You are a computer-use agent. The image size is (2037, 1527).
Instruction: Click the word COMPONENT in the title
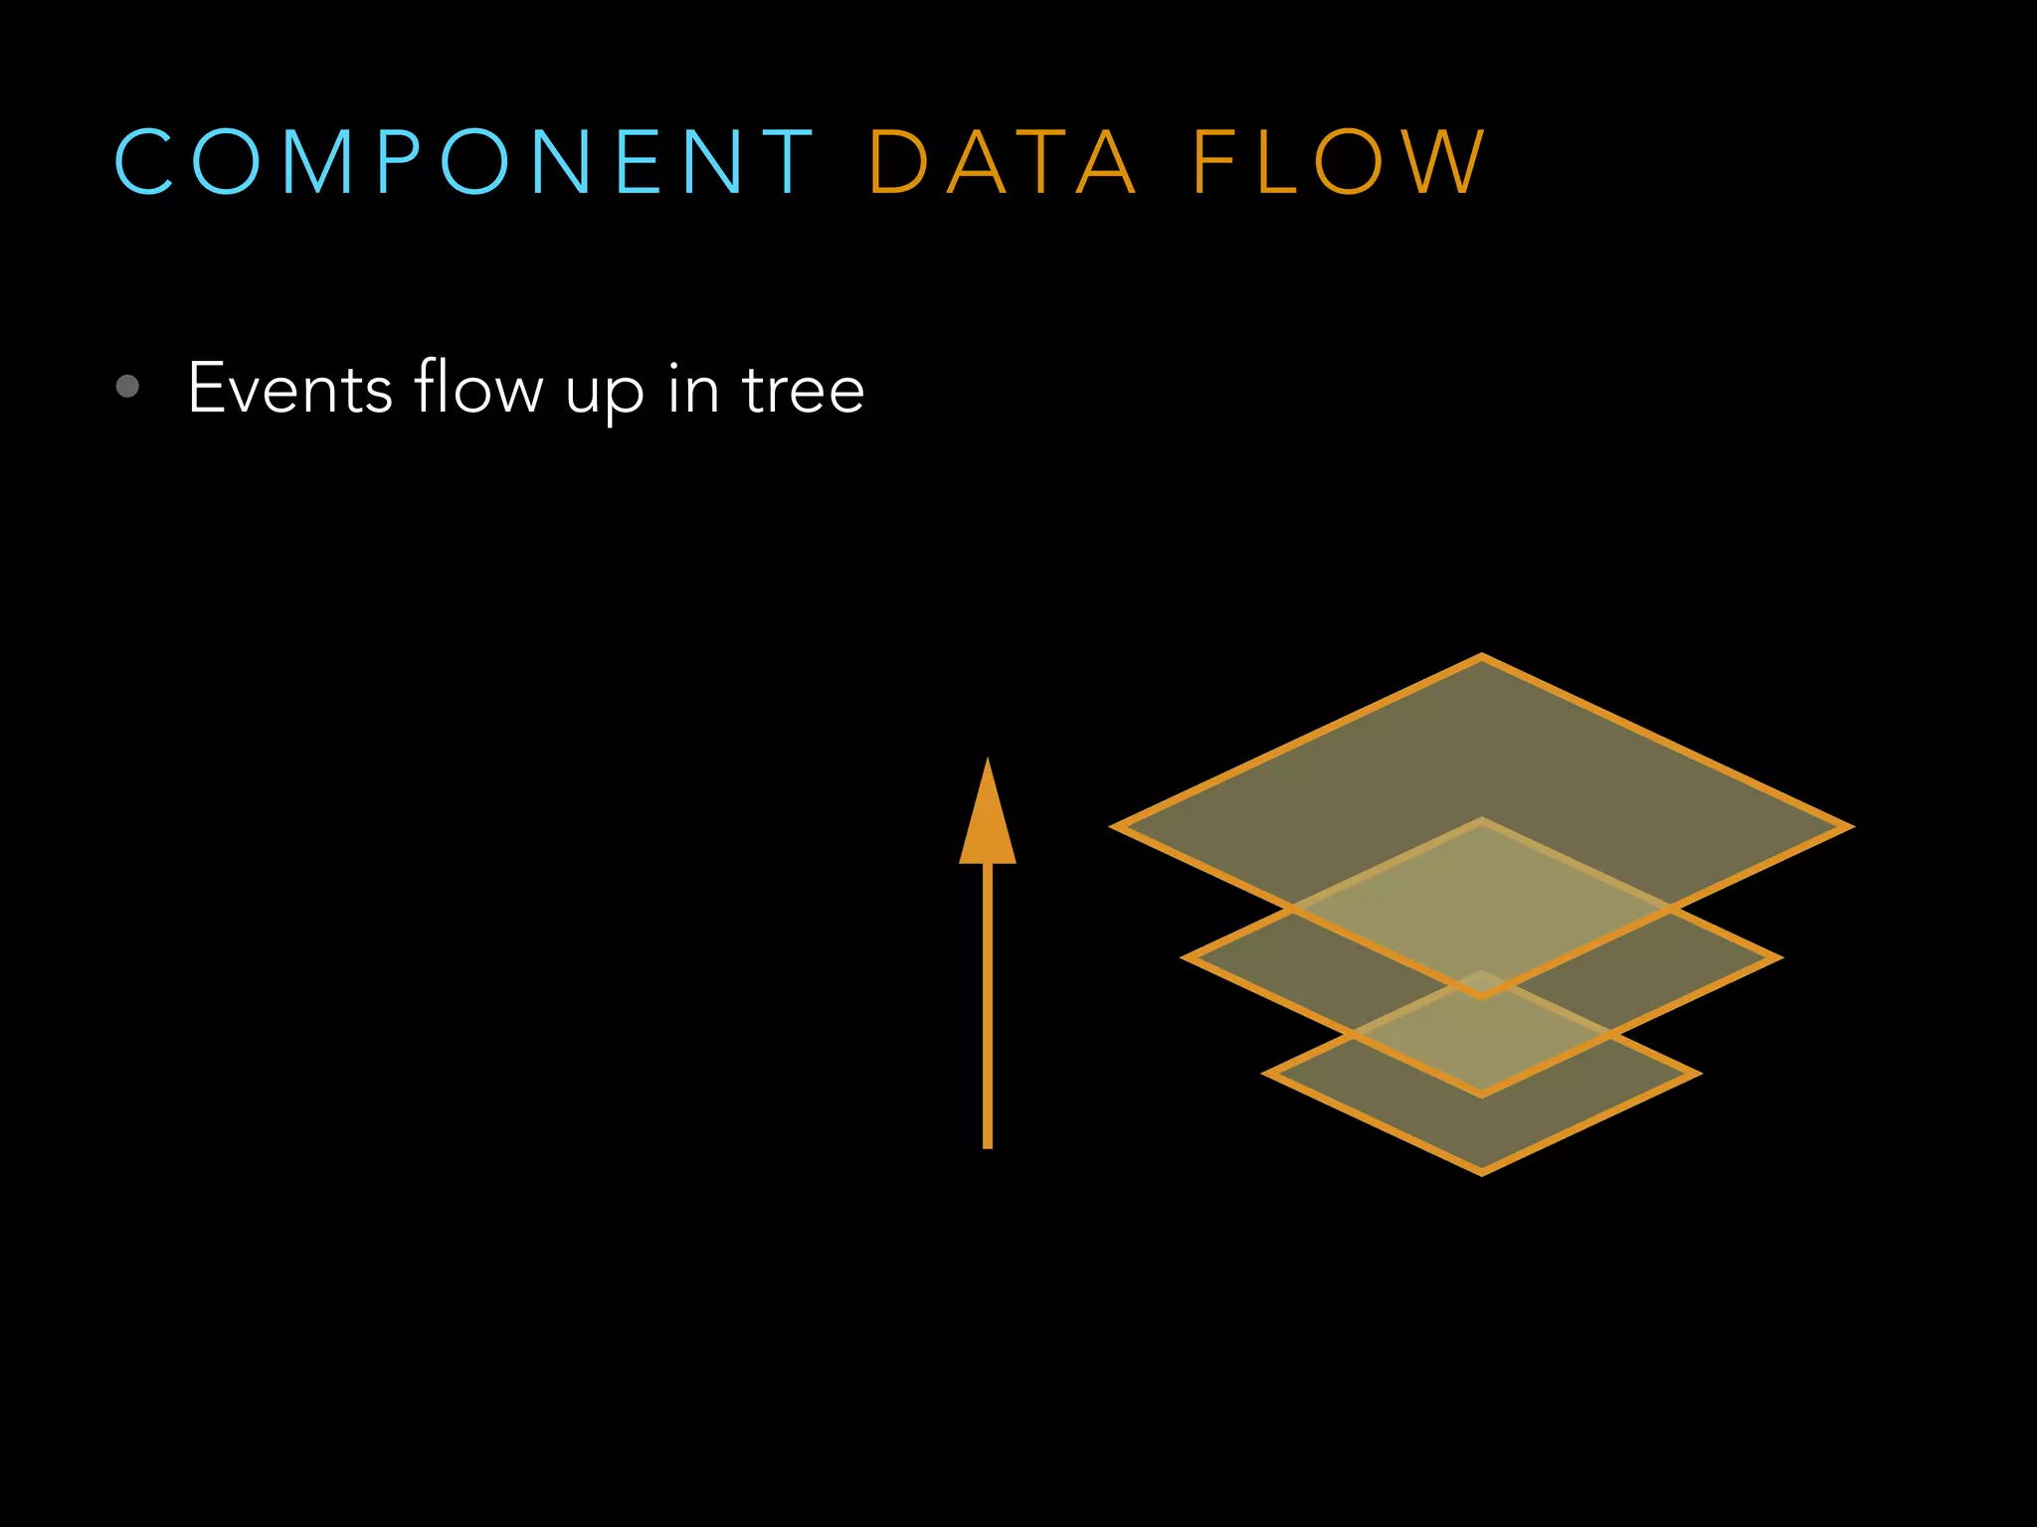pyautogui.click(x=463, y=161)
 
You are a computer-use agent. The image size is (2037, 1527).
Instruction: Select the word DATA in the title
pyautogui.click(x=1002, y=161)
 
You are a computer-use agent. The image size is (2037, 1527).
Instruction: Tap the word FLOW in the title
pyautogui.click(x=1338, y=161)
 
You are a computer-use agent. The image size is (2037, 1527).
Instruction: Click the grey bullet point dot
pyautogui.click(x=127, y=386)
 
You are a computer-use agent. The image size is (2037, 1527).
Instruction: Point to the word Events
pyautogui.click(x=289, y=388)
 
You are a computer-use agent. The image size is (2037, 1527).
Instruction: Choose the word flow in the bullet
pyautogui.click(x=478, y=388)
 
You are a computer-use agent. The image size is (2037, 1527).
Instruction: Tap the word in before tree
pyautogui.click(x=693, y=388)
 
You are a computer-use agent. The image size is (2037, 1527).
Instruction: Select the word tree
pyautogui.click(x=804, y=390)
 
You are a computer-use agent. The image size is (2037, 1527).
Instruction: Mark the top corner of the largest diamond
pyautogui.click(x=1482, y=657)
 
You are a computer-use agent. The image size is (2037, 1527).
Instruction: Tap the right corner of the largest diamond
pyautogui.click(x=1848, y=826)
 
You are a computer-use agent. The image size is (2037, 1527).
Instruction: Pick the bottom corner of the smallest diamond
pyautogui.click(x=1482, y=1172)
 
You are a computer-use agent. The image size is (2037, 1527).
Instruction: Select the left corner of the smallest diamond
pyautogui.click(x=1268, y=1074)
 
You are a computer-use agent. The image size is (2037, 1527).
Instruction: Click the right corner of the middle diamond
pyautogui.click(x=1776, y=958)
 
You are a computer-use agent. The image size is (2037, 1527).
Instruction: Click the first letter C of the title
pyautogui.click(x=145, y=161)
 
